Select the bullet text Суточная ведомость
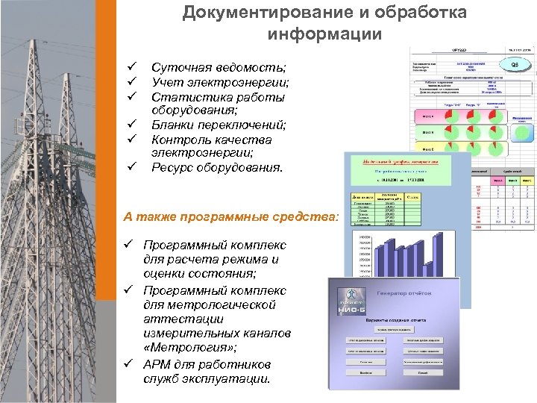(x=208, y=69)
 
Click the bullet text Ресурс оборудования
(x=217, y=167)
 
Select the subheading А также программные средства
(x=231, y=217)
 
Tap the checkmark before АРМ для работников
(x=130, y=364)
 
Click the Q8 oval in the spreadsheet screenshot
(x=513, y=65)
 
